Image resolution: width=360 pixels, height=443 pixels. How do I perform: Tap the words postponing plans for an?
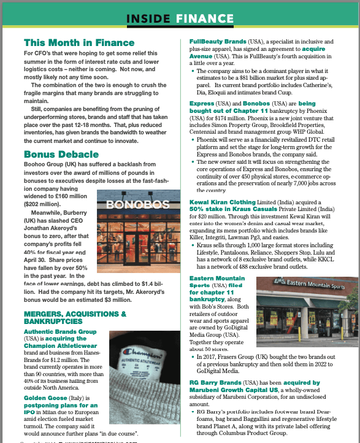pos(59,405)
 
